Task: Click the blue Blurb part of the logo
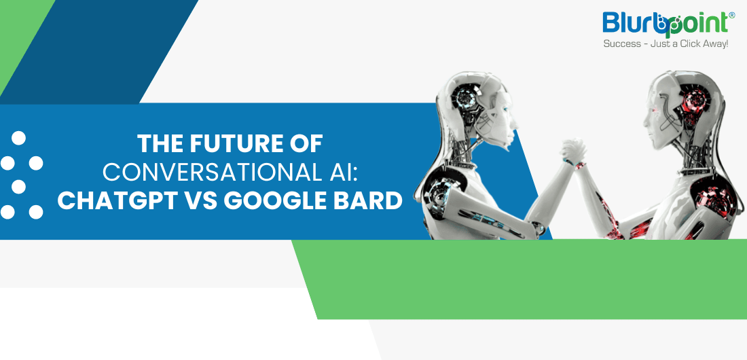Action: pyautogui.click(x=632, y=23)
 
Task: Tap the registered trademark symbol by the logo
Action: pyautogui.click(x=732, y=15)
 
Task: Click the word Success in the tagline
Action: pyautogui.click(x=622, y=44)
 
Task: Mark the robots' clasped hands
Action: pyautogui.click(x=574, y=151)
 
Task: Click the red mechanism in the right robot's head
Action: pyautogui.click(x=693, y=103)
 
